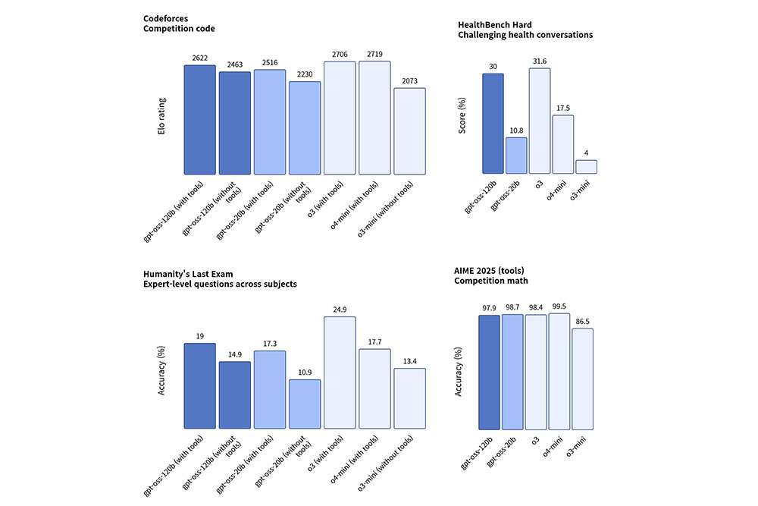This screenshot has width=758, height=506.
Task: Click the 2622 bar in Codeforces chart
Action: [x=199, y=120]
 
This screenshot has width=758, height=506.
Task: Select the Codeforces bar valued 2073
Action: [x=409, y=131]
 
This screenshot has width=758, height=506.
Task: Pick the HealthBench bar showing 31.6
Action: [x=540, y=121]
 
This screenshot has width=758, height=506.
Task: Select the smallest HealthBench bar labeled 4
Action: [x=587, y=167]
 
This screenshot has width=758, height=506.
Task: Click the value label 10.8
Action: [x=516, y=131]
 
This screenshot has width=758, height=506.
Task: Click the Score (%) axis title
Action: [x=463, y=121]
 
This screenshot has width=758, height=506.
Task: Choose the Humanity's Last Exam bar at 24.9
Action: [x=340, y=372]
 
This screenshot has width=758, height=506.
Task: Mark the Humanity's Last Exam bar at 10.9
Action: [x=305, y=404]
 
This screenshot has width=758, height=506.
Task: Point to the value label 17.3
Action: [x=270, y=344]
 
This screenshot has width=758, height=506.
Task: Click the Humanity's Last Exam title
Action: [x=220, y=278]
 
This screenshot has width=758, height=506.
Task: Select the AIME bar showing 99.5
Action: [x=559, y=371]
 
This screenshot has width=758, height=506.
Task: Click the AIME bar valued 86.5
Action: [x=582, y=379]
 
